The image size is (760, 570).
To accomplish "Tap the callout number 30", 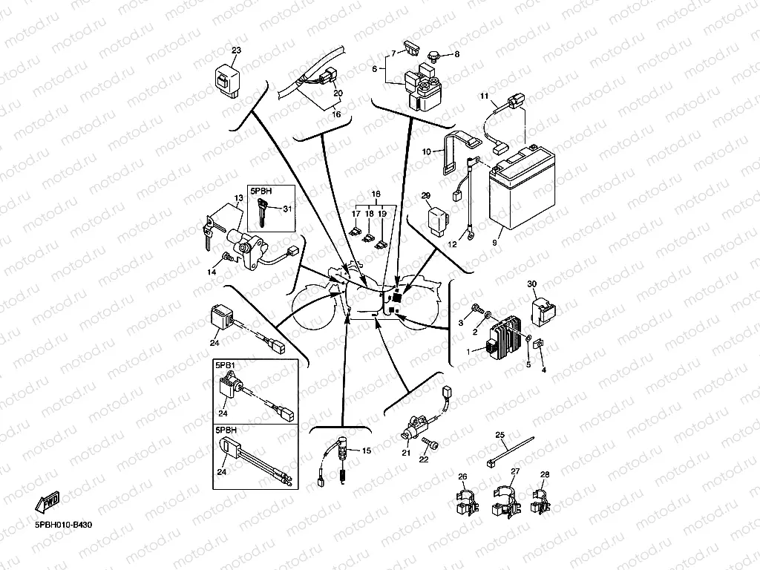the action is pyautogui.click(x=531, y=284).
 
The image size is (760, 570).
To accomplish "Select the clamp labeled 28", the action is pyautogui.click(x=542, y=499).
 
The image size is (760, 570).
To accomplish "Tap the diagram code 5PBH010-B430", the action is pyautogui.click(x=64, y=525).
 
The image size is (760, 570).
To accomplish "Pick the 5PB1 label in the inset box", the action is pyautogui.click(x=225, y=365).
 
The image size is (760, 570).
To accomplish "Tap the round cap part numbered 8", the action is pyautogui.click(x=434, y=54).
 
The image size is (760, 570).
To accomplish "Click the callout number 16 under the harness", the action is pyautogui.click(x=335, y=115).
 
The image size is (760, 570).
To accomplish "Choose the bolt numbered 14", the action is pyautogui.click(x=226, y=257).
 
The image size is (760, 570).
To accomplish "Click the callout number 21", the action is pyautogui.click(x=406, y=453).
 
